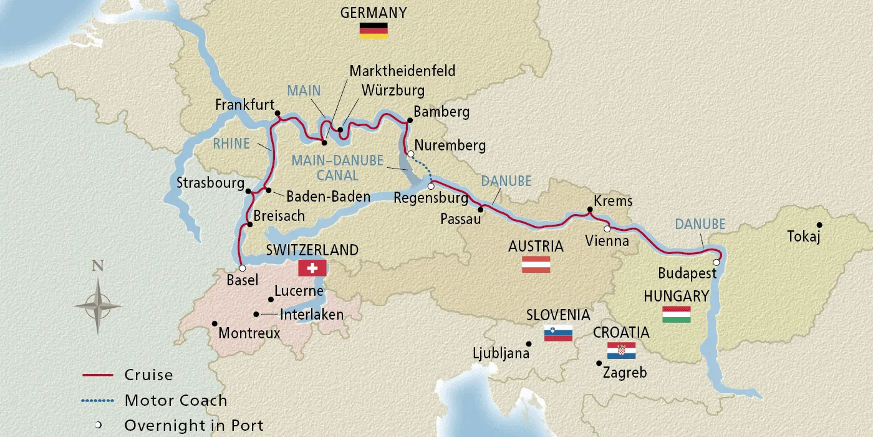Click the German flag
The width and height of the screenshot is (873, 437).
[374, 31]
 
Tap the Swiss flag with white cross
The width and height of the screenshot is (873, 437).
[312, 268]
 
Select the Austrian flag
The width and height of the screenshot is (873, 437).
[536, 264]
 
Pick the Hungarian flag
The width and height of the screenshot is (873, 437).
[676, 314]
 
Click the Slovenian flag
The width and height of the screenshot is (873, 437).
[558, 333]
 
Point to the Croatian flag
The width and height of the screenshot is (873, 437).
[621, 350]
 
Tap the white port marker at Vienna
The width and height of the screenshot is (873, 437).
[607, 229]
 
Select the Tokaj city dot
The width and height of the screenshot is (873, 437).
[820, 225]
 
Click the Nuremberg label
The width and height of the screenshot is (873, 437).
[450, 145]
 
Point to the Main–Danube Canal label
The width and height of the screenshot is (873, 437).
[337, 168]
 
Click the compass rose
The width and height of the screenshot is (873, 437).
[97, 305]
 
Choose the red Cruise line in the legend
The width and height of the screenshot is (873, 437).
[97, 375]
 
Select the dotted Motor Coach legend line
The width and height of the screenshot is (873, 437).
[97, 400]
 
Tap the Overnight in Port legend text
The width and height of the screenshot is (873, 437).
[194, 425]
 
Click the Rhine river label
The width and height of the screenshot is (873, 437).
[231, 144]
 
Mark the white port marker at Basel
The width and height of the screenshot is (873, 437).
[242, 268]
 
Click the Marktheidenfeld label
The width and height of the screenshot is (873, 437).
[402, 71]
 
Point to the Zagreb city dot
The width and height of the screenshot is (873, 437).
[599, 363]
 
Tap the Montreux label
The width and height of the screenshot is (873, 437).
[249, 333]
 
